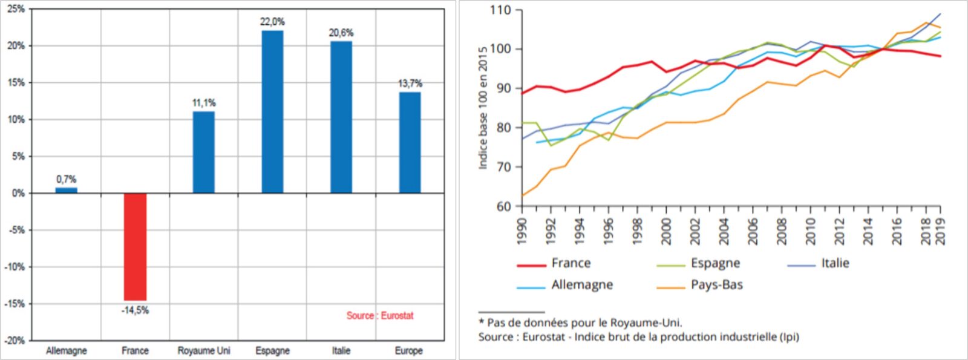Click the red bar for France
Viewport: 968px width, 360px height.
tap(135, 246)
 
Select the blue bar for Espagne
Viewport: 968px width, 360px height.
tap(272, 112)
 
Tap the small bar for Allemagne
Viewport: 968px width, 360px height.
tap(67, 190)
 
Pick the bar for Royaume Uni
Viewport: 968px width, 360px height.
tap(204, 152)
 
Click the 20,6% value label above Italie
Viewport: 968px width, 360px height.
tap(341, 33)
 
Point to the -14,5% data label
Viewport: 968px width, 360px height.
tap(135, 310)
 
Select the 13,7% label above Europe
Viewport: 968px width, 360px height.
tap(410, 83)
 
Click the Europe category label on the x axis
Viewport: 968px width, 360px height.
tap(409, 350)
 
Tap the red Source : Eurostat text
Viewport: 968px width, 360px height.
tap(380, 315)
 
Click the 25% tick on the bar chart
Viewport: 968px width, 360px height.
tap(16, 9)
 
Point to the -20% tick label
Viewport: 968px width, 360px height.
tap(15, 341)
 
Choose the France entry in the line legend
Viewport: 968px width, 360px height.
tap(571, 263)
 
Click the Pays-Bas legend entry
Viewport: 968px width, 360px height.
tap(716, 285)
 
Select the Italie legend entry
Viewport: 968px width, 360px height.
tap(835, 263)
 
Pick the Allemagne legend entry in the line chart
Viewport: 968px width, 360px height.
tap(581, 285)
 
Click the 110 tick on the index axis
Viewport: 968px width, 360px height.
tap(500, 10)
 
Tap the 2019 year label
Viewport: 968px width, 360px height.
tap(940, 231)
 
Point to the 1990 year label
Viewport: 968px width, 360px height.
tap(522, 231)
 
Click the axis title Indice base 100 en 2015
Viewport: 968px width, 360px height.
tap(483, 108)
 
